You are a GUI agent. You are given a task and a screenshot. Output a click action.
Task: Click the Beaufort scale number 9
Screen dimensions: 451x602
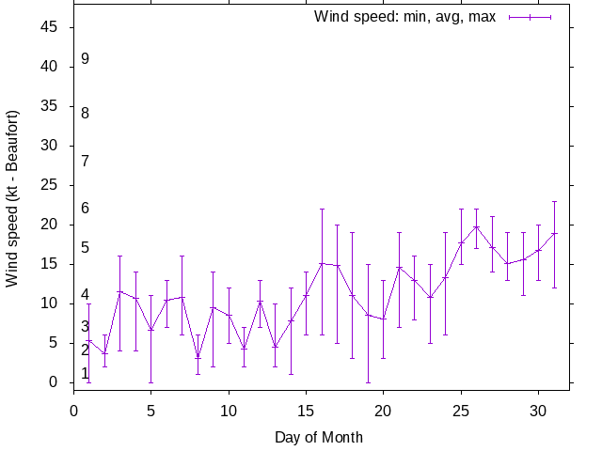point(85,58)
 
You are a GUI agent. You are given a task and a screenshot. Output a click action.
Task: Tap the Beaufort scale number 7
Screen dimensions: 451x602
point(85,161)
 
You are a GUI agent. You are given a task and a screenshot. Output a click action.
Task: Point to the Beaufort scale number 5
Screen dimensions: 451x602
point(85,248)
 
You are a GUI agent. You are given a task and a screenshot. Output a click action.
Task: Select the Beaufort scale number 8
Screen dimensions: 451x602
point(85,113)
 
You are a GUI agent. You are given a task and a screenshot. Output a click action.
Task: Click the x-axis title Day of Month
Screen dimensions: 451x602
point(319,437)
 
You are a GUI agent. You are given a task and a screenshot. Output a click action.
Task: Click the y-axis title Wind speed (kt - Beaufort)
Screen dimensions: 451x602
point(12,198)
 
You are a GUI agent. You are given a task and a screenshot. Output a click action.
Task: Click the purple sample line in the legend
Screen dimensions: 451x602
point(530,17)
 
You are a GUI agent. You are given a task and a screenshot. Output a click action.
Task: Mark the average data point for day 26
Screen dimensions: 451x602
point(476,226)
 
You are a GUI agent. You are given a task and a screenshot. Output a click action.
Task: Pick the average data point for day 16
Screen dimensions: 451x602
point(322,263)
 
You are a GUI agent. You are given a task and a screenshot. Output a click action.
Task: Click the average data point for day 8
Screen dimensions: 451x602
point(198,358)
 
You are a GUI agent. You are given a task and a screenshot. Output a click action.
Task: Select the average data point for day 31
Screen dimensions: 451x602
point(554,233)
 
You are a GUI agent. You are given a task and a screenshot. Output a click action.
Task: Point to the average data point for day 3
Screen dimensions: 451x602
point(120,291)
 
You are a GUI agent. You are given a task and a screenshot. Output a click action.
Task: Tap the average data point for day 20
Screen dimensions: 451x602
point(384,319)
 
